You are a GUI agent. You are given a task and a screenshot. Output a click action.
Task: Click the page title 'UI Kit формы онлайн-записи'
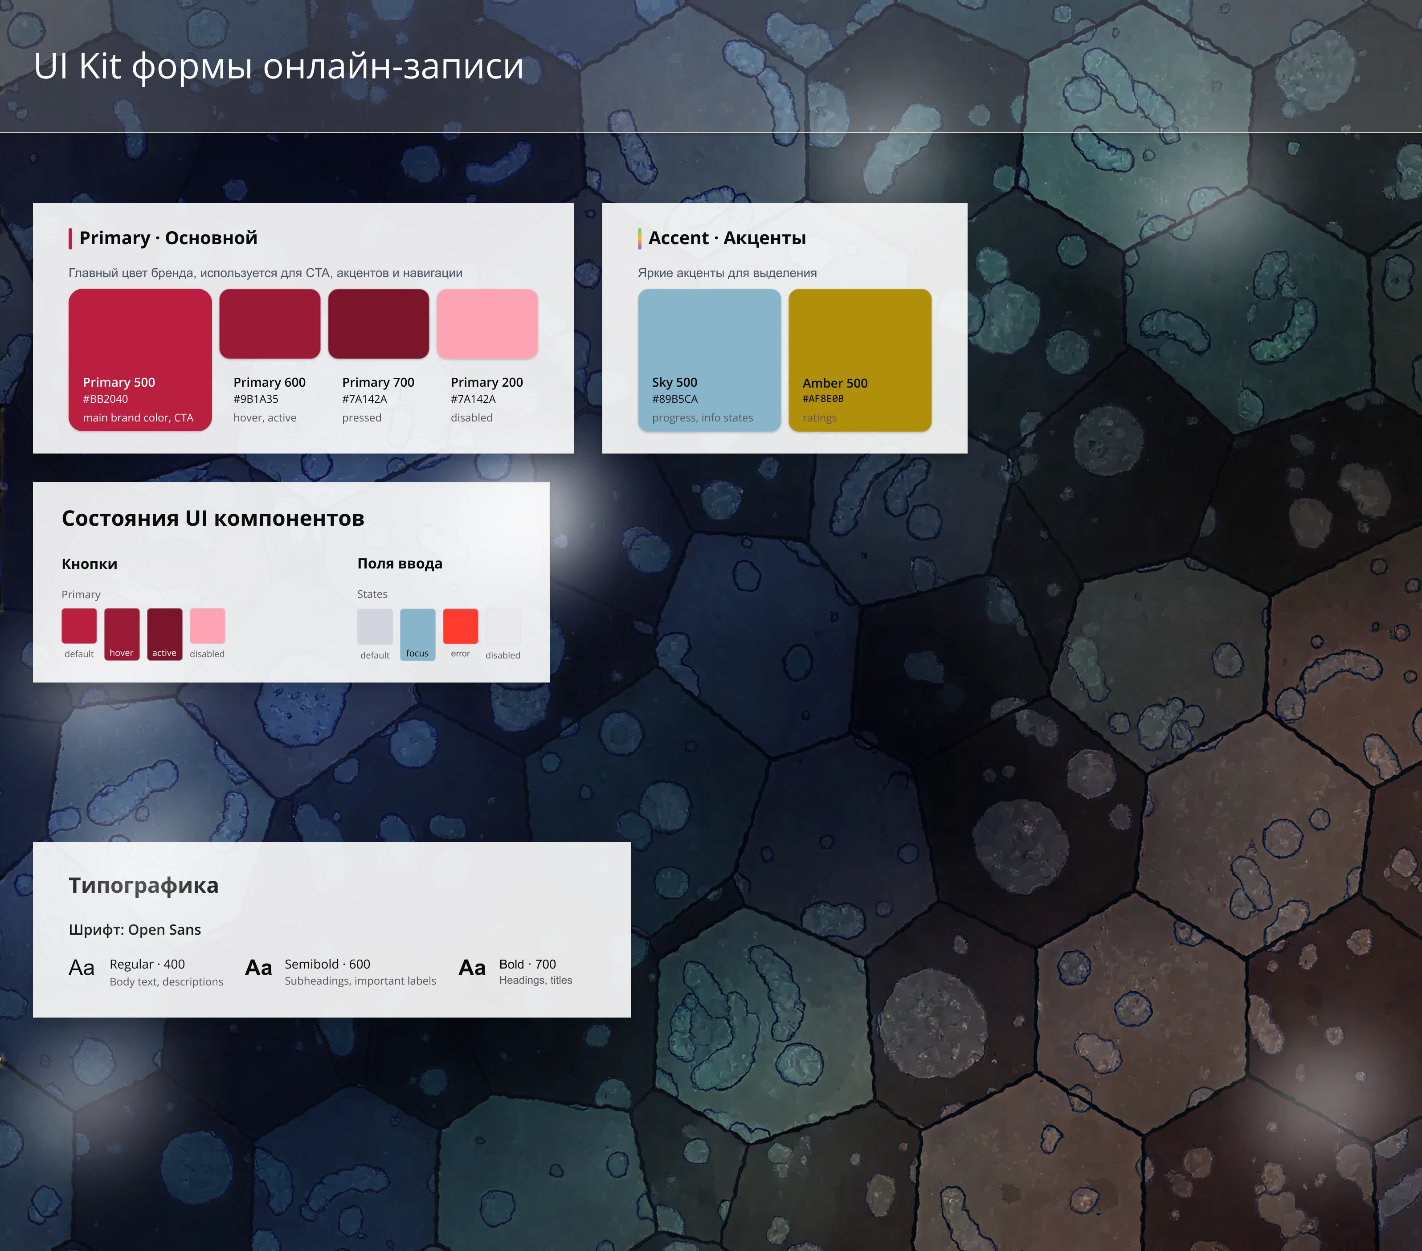tap(278, 67)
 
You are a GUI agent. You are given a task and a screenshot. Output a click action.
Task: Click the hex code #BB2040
tap(105, 399)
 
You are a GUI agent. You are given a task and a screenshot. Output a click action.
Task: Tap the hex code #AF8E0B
tap(823, 399)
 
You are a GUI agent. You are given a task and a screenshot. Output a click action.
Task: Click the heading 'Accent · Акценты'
tap(727, 238)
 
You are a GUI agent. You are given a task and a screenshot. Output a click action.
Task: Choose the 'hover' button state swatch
tap(122, 633)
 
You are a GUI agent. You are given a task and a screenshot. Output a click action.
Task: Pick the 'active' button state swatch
tap(164, 633)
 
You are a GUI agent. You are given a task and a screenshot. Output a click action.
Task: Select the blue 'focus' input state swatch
tap(417, 633)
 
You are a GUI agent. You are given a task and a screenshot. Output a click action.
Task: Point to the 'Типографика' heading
tap(143, 886)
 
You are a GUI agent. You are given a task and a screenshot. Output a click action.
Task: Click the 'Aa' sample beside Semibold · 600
tap(258, 968)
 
